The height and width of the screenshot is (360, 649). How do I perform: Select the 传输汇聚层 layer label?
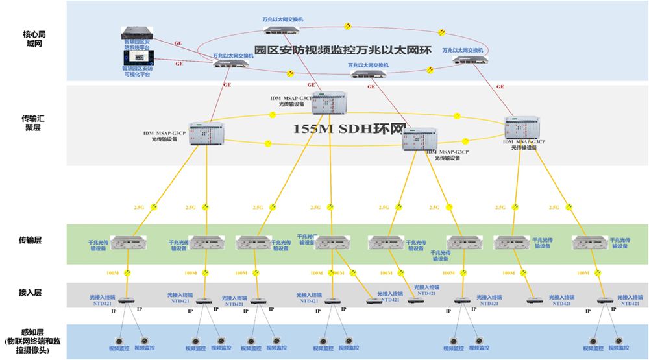click(33, 123)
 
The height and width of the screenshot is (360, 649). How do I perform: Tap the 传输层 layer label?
click(33, 240)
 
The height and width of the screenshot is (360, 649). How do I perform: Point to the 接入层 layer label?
click(33, 293)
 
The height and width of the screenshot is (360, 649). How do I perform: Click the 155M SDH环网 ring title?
click(349, 129)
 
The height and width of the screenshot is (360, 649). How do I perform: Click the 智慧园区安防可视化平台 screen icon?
click(138, 58)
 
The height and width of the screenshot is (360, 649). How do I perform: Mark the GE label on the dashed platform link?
click(179, 64)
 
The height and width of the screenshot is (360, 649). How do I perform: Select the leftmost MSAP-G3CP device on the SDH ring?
click(202, 133)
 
